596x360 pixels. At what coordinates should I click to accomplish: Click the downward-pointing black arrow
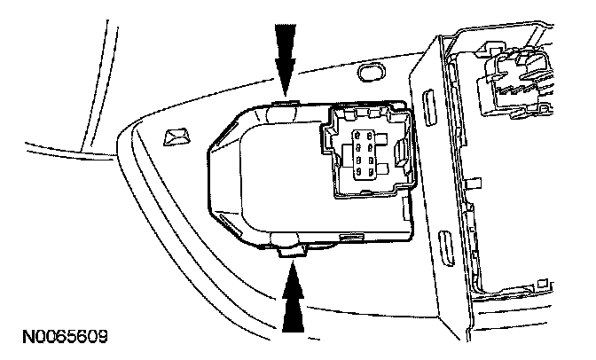pyautogui.click(x=286, y=60)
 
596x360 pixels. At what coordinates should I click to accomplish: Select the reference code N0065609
pyautogui.click(x=66, y=336)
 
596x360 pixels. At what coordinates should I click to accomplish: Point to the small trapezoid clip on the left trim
pyautogui.click(x=176, y=137)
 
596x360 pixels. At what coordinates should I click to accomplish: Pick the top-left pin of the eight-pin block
pyautogui.click(x=358, y=135)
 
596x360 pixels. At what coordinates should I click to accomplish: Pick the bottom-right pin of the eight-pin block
pyautogui.click(x=370, y=172)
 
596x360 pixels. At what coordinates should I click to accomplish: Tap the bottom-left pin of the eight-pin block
pyautogui.click(x=358, y=172)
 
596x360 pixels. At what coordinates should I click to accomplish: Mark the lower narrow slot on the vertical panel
pyautogui.click(x=447, y=248)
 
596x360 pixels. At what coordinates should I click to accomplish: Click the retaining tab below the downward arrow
pyautogui.click(x=286, y=102)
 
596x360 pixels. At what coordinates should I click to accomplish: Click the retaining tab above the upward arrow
pyautogui.click(x=293, y=252)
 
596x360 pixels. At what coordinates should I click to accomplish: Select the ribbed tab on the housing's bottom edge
pyautogui.click(x=351, y=238)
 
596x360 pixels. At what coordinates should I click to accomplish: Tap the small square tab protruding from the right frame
pyautogui.click(x=474, y=183)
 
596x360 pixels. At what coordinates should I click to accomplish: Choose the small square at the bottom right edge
pyautogui.click(x=543, y=283)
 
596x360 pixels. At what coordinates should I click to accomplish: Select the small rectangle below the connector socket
pyautogui.click(x=406, y=208)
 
